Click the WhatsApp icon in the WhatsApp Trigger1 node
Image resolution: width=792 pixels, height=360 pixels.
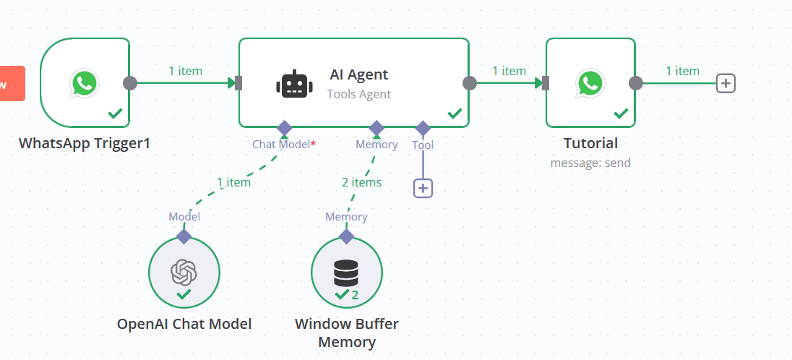tap(85, 83)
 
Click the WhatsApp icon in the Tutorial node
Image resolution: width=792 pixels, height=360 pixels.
tap(590, 83)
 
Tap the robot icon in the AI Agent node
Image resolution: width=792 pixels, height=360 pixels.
tap(294, 84)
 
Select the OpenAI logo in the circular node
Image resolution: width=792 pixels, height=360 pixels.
tap(184, 272)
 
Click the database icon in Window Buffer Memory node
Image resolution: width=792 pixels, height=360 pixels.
tap(346, 273)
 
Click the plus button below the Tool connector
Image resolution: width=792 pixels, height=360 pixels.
tap(423, 188)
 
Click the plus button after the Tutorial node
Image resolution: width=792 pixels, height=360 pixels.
tap(726, 83)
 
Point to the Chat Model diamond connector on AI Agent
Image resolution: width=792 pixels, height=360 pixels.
tap(284, 128)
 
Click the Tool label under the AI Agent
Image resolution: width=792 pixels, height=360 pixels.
tap(423, 145)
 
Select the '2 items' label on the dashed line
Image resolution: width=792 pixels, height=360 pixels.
tap(361, 182)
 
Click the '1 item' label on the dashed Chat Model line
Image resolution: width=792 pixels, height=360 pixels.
tap(233, 182)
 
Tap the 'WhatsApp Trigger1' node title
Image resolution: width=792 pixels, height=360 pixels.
tap(85, 143)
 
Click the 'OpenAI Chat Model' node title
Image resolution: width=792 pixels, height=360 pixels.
tap(184, 324)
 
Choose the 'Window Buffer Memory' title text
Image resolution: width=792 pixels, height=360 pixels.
tap(347, 333)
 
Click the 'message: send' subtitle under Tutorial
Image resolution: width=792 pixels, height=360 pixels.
tap(590, 163)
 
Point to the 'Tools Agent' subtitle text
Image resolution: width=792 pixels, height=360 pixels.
tap(358, 94)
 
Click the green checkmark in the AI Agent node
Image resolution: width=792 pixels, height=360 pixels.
tap(455, 113)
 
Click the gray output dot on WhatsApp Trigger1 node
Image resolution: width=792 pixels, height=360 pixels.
tap(130, 82)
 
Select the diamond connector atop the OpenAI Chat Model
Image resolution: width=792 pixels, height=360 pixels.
tap(184, 236)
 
